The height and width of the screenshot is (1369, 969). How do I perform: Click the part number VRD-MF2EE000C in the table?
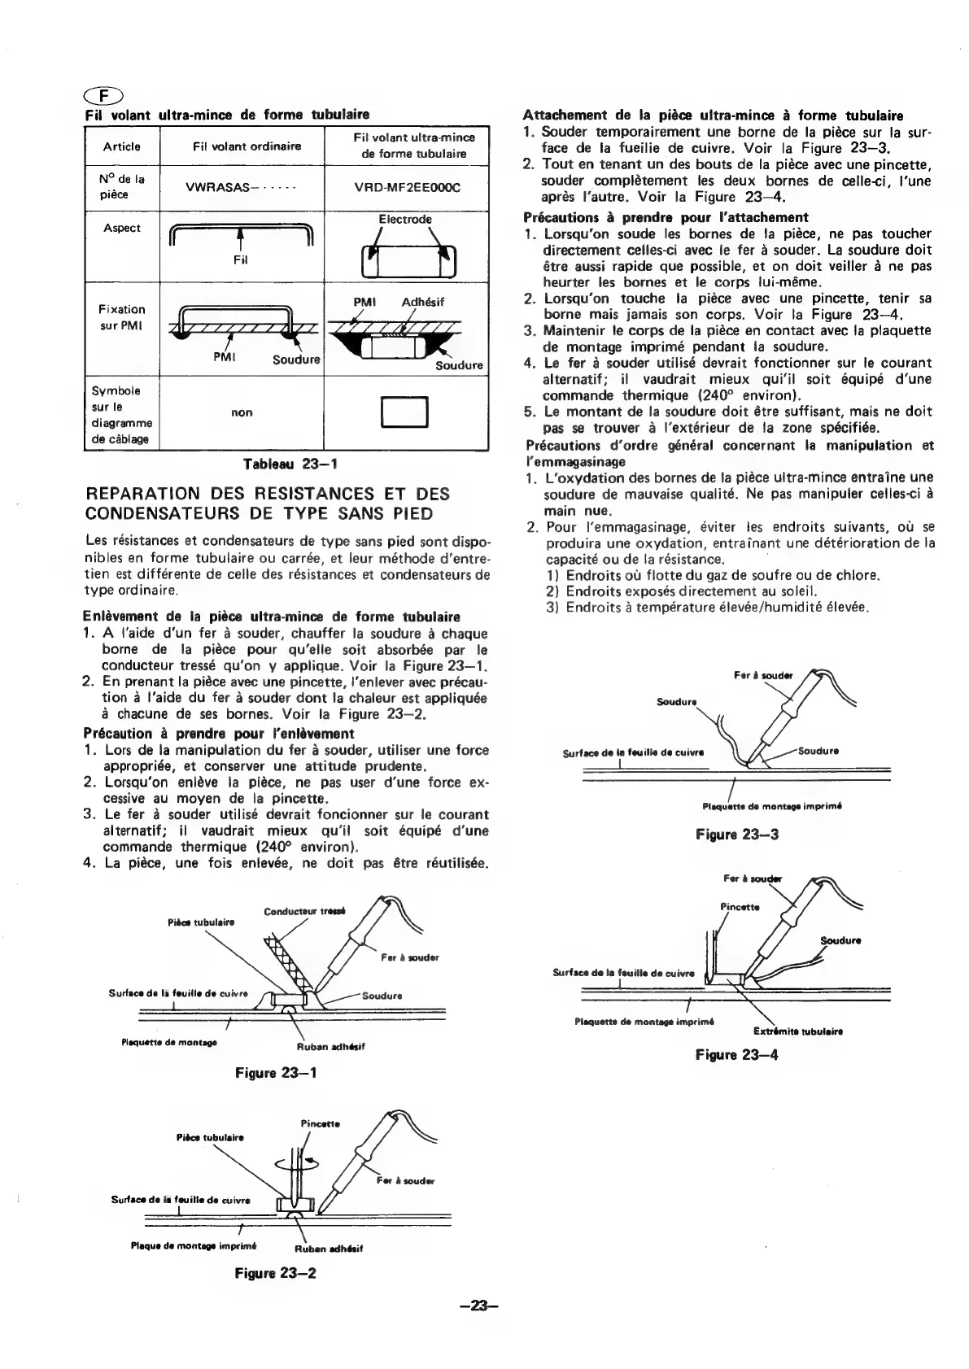click(x=407, y=188)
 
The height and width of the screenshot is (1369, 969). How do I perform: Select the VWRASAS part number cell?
click(x=241, y=188)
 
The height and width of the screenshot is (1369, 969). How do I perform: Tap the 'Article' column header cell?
click(x=122, y=146)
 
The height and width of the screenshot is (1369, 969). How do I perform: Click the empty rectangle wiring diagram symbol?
click(x=405, y=412)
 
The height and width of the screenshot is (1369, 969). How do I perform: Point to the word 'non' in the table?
click(x=242, y=412)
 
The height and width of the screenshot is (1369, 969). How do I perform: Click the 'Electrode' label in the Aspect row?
click(x=405, y=220)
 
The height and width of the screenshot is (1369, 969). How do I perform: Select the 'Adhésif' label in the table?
click(x=423, y=302)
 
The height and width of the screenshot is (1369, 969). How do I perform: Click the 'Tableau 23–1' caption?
click(x=290, y=464)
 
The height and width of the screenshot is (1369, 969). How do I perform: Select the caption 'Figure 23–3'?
click(x=737, y=834)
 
